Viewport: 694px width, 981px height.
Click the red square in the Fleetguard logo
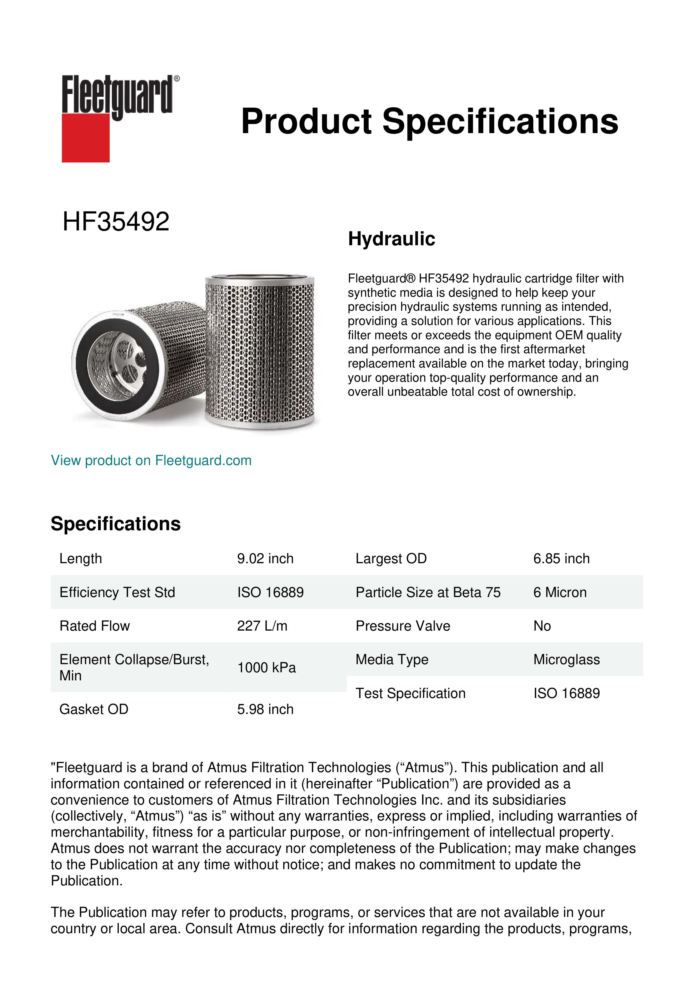86,138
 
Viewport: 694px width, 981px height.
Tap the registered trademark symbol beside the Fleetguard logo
177,79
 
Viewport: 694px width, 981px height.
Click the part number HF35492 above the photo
116,222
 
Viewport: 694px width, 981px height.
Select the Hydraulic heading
391,239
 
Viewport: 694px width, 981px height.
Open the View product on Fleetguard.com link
151,460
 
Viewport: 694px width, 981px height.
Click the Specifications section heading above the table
116,524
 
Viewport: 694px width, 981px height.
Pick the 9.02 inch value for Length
265,558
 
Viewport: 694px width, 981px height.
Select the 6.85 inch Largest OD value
561,558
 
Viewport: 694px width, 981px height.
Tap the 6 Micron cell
560,592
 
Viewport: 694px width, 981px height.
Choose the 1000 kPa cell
266,668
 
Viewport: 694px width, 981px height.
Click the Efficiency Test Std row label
117,592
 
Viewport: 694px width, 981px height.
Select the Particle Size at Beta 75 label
428,592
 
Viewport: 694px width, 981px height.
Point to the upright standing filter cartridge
260,350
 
